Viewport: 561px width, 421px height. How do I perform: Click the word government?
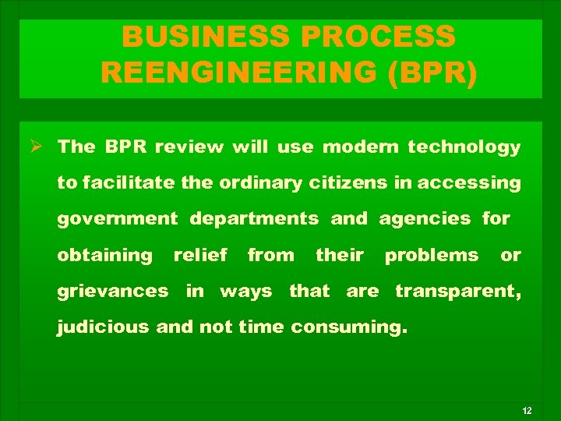[117, 219]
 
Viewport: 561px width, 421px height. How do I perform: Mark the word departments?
[255, 219]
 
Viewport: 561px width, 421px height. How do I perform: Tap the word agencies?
[425, 219]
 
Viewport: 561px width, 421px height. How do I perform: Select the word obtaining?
[105, 255]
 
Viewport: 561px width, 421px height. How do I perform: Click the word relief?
[200, 255]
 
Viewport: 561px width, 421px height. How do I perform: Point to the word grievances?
[113, 292]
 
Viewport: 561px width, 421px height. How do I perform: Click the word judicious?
[104, 327]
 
